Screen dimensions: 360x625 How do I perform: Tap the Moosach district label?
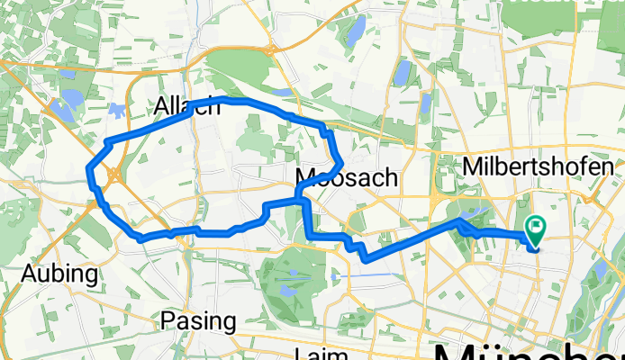point(346,177)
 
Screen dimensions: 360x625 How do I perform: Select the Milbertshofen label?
point(538,166)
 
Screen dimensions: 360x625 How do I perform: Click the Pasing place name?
point(198,320)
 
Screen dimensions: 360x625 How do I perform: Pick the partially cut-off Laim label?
point(325,354)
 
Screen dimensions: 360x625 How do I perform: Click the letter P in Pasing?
point(168,320)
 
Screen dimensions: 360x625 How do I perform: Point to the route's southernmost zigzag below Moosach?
point(365,259)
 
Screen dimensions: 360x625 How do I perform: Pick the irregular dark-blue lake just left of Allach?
point(117,110)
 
